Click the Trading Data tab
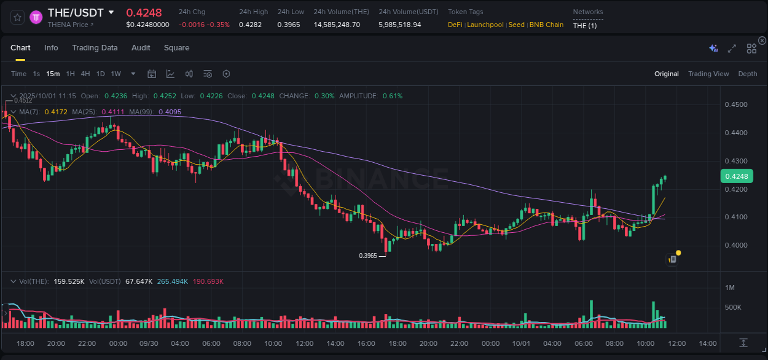95,48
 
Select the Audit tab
141,48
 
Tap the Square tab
176,48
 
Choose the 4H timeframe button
85,74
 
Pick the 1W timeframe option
116,74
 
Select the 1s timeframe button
36,74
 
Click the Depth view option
747,74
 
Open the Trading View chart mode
708,74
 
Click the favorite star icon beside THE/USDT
17,17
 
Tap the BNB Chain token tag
546,25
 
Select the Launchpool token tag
485,25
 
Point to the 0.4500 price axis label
736,104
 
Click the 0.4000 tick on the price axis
736,245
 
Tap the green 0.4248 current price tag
735,176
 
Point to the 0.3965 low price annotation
368,256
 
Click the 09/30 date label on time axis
149,343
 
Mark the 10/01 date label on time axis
521,343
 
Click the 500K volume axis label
734,307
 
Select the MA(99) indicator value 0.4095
170,112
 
